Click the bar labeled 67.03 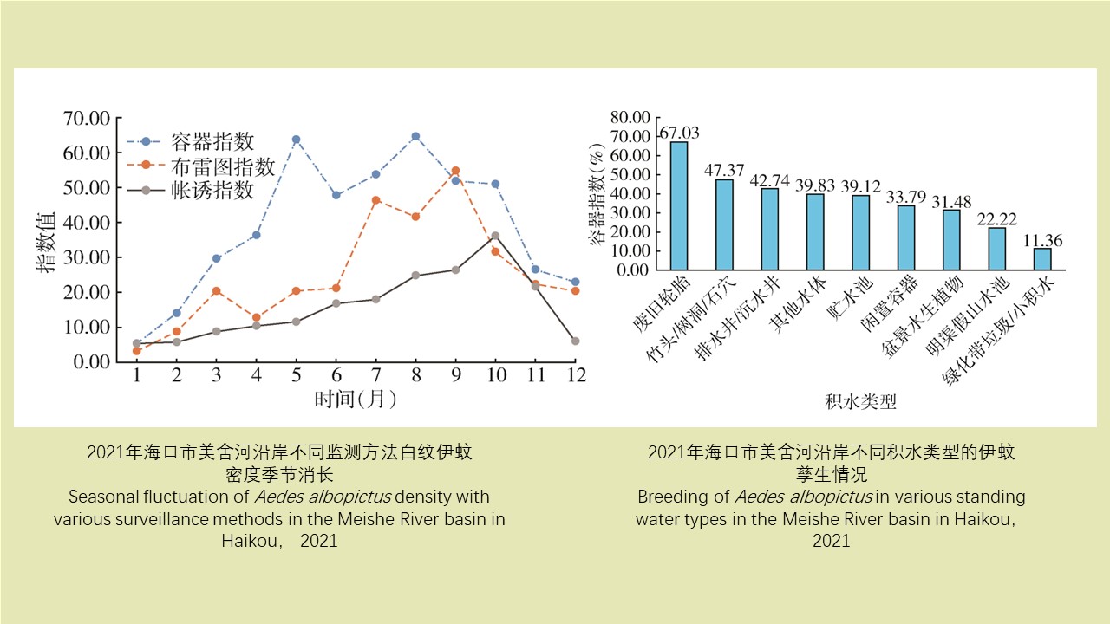(x=679, y=205)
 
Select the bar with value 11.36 (x=1042, y=258)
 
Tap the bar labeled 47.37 (x=724, y=224)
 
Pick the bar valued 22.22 (x=997, y=248)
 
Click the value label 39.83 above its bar (x=815, y=184)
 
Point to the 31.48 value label (x=951, y=200)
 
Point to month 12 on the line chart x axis (x=574, y=375)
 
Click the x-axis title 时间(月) (x=356, y=400)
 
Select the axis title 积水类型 (x=860, y=402)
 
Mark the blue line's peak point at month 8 (x=415, y=136)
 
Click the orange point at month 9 (x=455, y=171)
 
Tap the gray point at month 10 (x=494, y=236)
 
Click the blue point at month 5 (x=296, y=139)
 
